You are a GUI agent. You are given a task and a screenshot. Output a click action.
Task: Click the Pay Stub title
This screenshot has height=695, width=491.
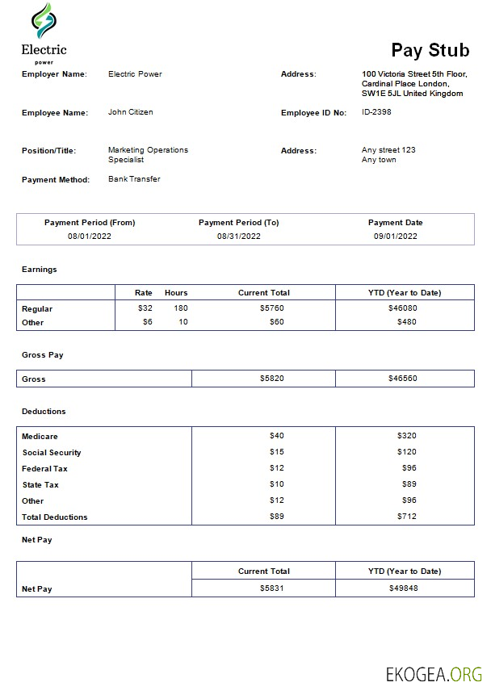tap(430, 50)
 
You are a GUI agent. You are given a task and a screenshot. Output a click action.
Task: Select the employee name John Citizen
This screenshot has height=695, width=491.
tap(130, 112)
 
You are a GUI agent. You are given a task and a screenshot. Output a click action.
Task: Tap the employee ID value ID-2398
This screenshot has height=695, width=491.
tap(376, 112)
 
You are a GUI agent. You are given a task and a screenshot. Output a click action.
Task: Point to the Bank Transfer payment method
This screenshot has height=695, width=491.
tap(134, 179)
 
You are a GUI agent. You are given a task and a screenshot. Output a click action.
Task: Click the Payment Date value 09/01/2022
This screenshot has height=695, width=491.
tap(395, 237)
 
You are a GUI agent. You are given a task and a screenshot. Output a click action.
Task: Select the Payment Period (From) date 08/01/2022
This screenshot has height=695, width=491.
tap(90, 237)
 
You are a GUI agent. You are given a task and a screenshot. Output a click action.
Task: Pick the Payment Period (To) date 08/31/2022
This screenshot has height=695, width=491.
tap(238, 237)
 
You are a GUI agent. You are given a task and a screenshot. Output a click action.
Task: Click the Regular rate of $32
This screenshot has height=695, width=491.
tap(145, 308)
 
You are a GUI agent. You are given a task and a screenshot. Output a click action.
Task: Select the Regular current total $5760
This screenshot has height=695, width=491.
tap(272, 308)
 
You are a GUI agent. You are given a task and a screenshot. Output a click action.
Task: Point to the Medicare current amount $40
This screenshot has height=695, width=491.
tap(277, 436)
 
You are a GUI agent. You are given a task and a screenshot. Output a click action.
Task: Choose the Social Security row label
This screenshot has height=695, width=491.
tap(52, 453)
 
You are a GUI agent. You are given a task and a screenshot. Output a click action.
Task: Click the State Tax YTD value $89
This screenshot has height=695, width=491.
tap(408, 485)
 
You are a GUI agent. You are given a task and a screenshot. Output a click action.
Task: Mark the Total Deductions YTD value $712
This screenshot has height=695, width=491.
tap(406, 517)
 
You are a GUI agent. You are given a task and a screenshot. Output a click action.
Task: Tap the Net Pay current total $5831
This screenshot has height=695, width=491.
tap(272, 588)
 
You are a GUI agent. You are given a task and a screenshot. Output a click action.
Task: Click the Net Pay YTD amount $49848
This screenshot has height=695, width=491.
tap(403, 588)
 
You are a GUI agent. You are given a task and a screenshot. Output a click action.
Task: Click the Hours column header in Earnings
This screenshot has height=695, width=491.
tap(176, 292)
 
